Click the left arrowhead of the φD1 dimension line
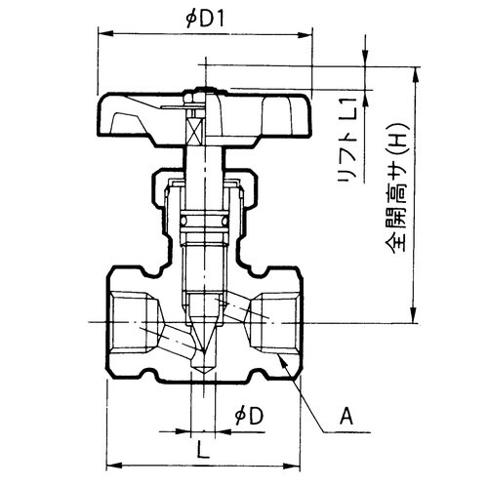(x=100, y=32)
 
